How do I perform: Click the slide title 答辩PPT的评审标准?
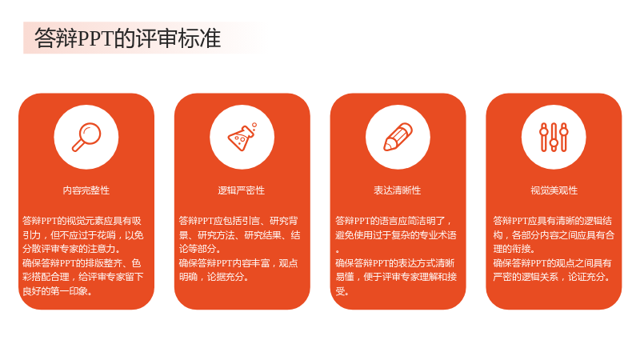point(127,38)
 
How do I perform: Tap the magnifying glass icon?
point(86,137)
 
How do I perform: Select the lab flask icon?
point(242,137)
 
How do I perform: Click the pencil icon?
point(398,137)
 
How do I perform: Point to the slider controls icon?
point(554,137)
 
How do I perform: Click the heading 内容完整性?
point(86,190)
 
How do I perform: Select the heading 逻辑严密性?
point(242,190)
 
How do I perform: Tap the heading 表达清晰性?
point(397,190)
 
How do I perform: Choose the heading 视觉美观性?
point(554,190)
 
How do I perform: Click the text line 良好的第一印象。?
point(58,291)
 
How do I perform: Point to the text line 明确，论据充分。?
point(214,277)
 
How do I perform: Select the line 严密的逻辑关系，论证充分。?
point(552,277)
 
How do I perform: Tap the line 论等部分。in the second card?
point(200,249)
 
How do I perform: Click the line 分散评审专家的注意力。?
point(71,249)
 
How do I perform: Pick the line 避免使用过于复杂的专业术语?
point(396,234)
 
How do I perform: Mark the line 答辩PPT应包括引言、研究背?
point(238,221)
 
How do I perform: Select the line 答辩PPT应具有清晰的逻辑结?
point(552,221)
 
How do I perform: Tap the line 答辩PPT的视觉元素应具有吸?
point(82,221)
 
